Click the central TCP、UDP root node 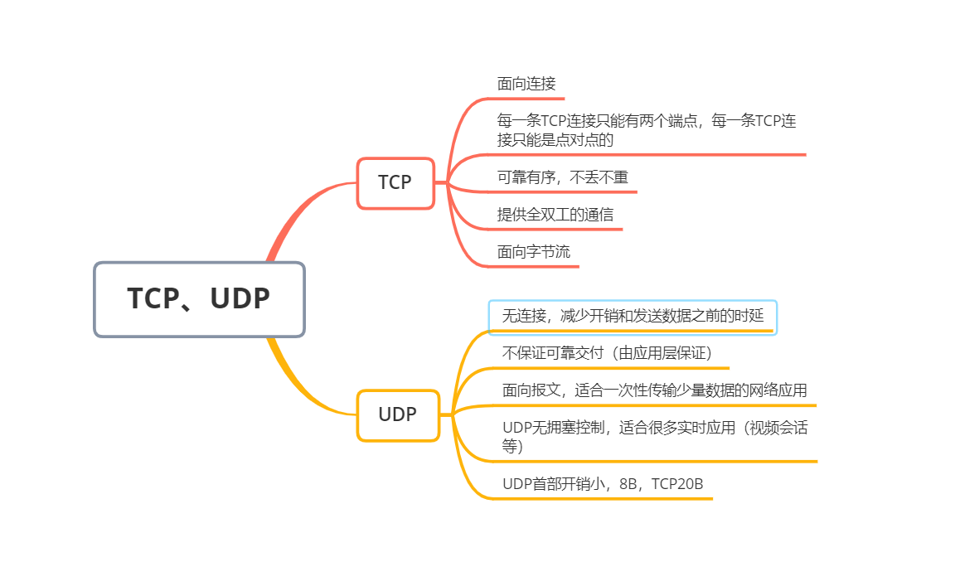coord(199,299)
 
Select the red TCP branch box coord(395,183)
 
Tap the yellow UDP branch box coord(398,415)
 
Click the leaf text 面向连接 coord(526,84)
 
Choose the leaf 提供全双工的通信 coord(555,215)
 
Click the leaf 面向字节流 coord(534,252)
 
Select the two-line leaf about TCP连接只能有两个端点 coord(647,130)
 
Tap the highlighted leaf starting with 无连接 coord(633,317)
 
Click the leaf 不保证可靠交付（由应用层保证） coord(608,353)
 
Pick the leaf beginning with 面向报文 coord(654,390)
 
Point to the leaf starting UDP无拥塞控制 coord(654,437)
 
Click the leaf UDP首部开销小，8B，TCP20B coord(603,484)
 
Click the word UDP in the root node coord(240,299)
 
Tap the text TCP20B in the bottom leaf coord(677,484)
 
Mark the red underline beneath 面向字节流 coord(539,266)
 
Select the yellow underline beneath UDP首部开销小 coord(605,499)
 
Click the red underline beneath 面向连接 coord(531,99)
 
